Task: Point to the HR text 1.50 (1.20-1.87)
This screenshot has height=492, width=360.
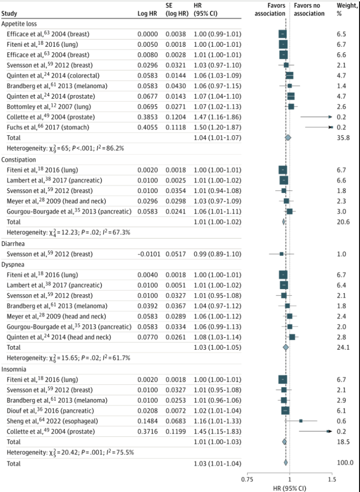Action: [x=217, y=127]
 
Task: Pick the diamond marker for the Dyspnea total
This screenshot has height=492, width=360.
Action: [x=286, y=346]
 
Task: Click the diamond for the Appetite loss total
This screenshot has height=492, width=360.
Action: [x=288, y=138]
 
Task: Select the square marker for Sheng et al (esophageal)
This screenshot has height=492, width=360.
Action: [x=301, y=420]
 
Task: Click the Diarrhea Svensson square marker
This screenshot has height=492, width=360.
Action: [x=282, y=253]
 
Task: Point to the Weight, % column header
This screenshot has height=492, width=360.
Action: [x=346, y=10]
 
